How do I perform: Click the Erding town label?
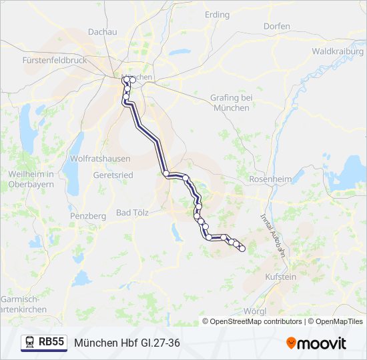218,15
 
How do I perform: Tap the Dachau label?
102,31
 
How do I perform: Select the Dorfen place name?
276,27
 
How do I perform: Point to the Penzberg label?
87,216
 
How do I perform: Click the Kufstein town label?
280,276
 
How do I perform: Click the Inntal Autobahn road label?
273,234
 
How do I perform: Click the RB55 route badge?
51,342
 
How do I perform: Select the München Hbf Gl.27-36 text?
127,343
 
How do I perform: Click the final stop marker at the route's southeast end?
242,249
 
